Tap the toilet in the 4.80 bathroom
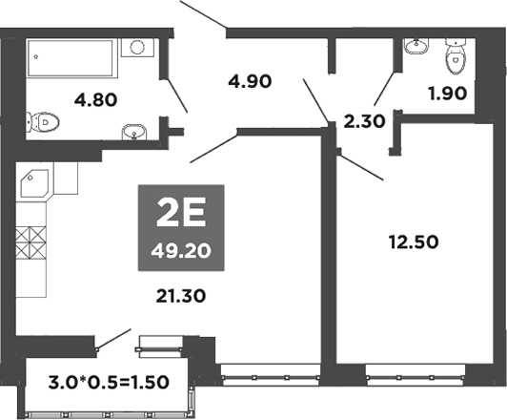pos(42,122)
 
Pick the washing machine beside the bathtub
pos(140,47)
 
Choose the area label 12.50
pos(415,242)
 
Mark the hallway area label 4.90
pos(251,81)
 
